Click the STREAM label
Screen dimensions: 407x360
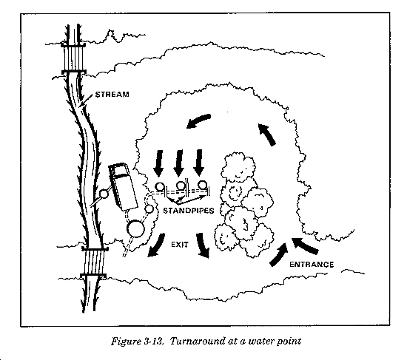[112, 94]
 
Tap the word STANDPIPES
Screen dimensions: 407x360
[189, 211]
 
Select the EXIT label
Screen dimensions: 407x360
[180, 245]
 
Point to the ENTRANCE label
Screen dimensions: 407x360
[312, 265]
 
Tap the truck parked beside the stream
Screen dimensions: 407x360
[123, 186]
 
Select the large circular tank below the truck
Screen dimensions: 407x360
[135, 228]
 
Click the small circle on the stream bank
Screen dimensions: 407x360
[104, 194]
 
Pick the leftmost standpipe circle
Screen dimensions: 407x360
[160, 186]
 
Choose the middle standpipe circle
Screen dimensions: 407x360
[181, 186]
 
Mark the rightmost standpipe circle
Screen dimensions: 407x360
[202, 185]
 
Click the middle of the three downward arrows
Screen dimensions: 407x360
[178, 163]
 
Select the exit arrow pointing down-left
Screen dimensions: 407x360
[157, 245]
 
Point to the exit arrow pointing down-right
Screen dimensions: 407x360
[203, 245]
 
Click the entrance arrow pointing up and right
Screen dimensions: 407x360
[279, 255]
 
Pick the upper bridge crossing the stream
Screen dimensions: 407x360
[74, 58]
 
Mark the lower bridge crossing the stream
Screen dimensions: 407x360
[94, 262]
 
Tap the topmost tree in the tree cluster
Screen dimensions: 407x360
[238, 166]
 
